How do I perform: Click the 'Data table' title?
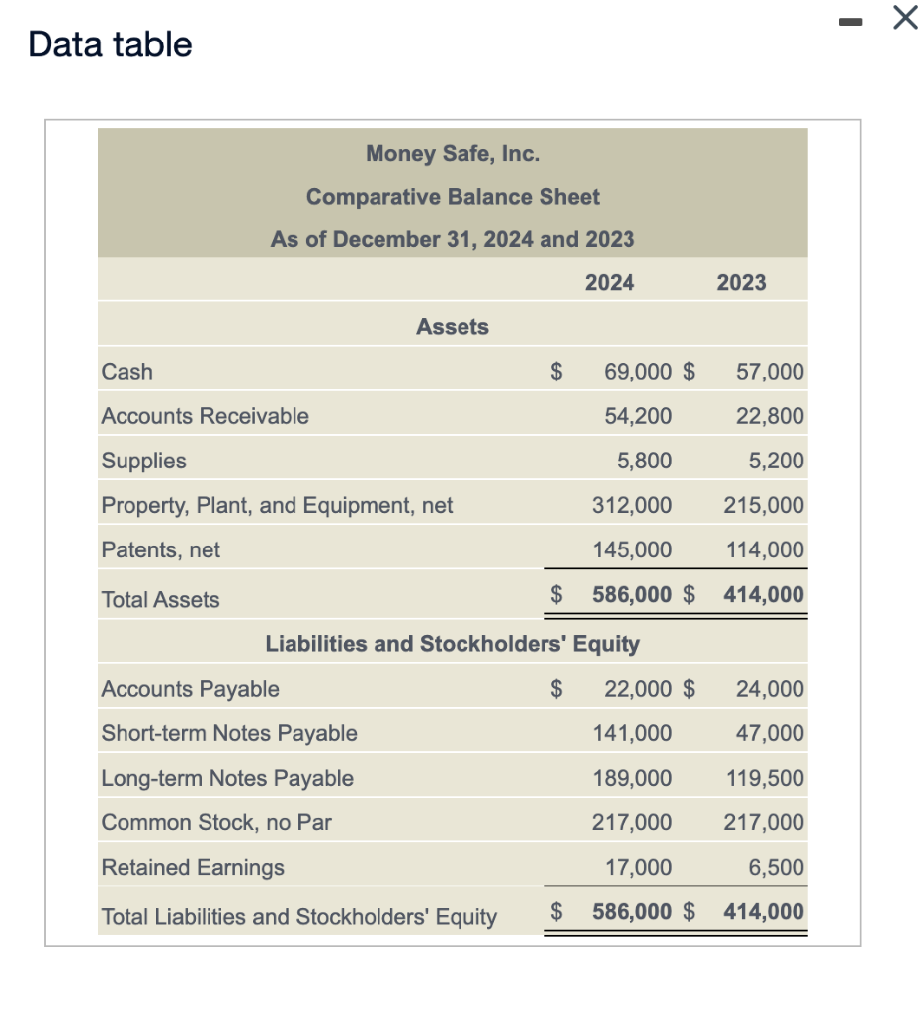click(110, 44)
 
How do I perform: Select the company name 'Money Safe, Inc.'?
click(453, 153)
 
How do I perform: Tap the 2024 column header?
click(610, 283)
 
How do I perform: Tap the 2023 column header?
click(741, 283)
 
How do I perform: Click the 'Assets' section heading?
click(453, 327)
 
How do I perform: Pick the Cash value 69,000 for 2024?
click(637, 373)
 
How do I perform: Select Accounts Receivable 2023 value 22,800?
click(770, 416)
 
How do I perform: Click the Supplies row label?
click(144, 461)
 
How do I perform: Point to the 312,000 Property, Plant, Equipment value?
click(632, 506)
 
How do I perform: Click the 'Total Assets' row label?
click(161, 599)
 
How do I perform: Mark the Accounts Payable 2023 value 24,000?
click(770, 689)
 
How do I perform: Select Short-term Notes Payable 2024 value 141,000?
click(632, 733)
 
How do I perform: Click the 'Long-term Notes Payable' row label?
click(227, 778)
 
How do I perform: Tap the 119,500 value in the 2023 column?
click(765, 778)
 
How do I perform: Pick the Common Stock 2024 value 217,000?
click(632, 822)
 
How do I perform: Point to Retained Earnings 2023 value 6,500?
click(776, 868)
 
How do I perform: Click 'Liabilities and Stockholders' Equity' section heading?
click(453, 644)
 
